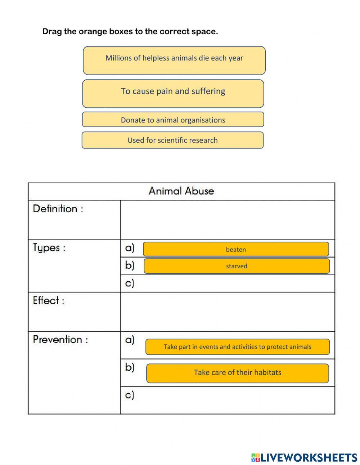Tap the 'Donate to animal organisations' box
click(173, 120)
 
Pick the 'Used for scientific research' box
click(173, 140)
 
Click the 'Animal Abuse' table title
click(181, 191)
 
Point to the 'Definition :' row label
click(58, 209)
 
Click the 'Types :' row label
click(49, 248)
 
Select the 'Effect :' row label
click(49, 300)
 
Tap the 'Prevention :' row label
click(60, 340)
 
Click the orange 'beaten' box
click(236, 249)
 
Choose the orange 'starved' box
click(237, 266)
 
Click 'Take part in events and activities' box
click(237, 347)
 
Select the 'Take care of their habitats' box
click(237, 373)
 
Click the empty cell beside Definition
click(228, 220)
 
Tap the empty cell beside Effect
click(228, 312)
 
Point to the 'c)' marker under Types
click(130, 283)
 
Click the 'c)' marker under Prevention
click(130, 395)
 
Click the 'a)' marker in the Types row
click(130, 248)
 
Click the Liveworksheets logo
click(304, 457)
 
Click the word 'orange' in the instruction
click(93, 32)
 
